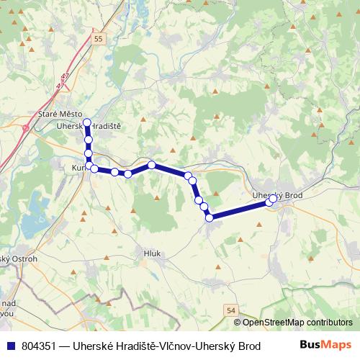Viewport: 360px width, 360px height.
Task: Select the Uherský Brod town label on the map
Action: [x=279, y=195]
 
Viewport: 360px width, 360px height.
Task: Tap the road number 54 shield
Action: [x=230, y=309]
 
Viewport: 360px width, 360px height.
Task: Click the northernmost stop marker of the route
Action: [x=87, y=122]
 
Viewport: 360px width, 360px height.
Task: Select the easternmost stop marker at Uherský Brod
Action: [x=271, y=202]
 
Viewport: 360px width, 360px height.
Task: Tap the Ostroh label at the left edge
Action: [x=22, y=258]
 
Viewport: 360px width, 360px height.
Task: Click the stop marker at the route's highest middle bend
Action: [x=152, y=165]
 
